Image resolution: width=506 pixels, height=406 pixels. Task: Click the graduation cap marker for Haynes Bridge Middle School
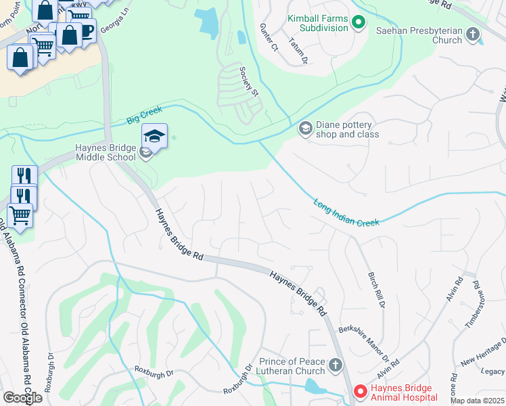point(154,137)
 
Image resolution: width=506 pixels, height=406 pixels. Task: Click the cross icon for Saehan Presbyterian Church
point(472,34)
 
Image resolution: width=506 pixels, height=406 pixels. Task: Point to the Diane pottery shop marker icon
point(305,128)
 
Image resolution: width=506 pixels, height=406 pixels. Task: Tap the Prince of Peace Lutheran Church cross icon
point(335,367)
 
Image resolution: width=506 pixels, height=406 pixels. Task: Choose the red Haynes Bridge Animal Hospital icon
point(360,391)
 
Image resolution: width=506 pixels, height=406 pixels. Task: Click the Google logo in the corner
point(22,397)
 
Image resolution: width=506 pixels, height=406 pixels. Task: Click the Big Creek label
point(141,118)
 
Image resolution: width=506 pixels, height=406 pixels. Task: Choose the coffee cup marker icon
point(86,30)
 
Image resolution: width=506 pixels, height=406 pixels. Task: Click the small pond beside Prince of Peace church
point(315,386)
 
